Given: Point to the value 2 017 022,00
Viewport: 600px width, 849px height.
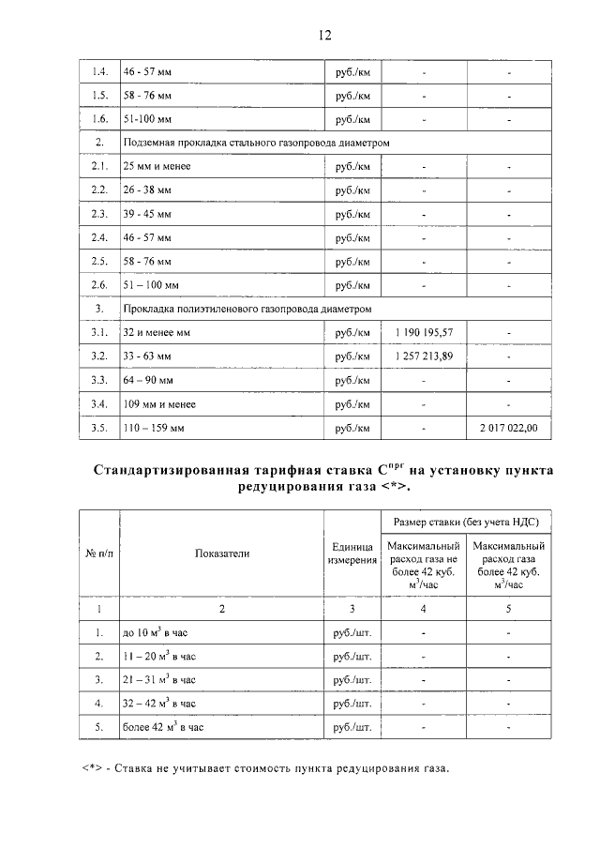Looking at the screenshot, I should coord(509,429).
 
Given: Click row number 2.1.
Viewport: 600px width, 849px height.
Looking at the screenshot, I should coord(99,166).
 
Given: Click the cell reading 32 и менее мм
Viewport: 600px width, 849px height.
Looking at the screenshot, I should coord(156,332).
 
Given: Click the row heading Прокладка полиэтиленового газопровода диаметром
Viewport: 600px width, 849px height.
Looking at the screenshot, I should coord(247,308).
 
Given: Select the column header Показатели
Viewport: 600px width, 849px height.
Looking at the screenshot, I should coord(221,553).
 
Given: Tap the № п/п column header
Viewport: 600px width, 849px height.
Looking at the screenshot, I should coord(99,553).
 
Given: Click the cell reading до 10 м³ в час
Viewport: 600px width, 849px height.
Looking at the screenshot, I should coord(156,632).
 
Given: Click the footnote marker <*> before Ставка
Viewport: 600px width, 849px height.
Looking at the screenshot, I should coord(91,769).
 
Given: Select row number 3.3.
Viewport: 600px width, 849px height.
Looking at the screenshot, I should coord(99,380).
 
